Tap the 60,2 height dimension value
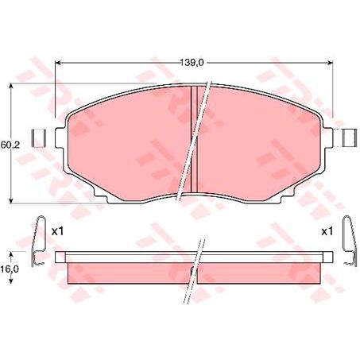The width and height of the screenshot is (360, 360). [x=9, y=145]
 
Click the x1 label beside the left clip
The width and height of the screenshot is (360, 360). [x=56, y=231]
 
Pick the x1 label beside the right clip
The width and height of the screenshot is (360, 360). [x=326, y=231]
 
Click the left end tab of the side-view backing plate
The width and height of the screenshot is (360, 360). [x=60, y=256]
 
